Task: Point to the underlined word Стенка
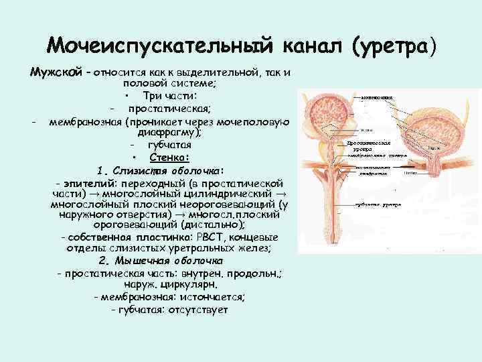click(170, 158)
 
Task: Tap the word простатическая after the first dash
click(170, 109)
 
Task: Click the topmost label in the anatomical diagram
click(377, 98)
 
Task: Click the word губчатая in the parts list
click(170, 145)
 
